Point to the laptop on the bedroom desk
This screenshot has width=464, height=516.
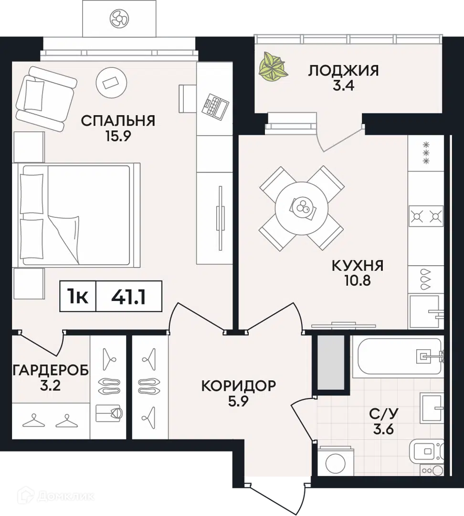pyautogui.click(x=213, y=105)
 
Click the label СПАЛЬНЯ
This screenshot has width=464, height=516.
pyautogui.click(x=118, y=120)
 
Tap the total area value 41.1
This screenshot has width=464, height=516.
pyautogui.click(x=128, y=297)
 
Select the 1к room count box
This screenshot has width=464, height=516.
pyautogui.click(x=77, y=297)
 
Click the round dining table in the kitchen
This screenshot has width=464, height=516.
pyautogui.click(x=301, y=207)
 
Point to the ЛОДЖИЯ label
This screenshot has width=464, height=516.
pyautogui.click(x=343, y=71)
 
